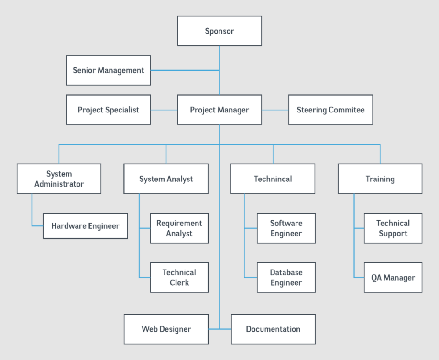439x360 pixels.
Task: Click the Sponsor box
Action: (219, 31)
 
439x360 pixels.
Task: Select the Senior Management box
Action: (109, 70)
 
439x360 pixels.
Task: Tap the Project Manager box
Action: (219, 110)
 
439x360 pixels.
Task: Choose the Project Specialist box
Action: (109, 110)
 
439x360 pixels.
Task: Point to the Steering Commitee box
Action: (330, 110)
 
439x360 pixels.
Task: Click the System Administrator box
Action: (59, 179)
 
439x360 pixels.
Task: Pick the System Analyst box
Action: (166, 179)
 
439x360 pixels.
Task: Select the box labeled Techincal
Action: (273, 179)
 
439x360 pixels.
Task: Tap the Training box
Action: (380, 179)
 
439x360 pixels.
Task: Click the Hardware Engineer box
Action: (86, 226)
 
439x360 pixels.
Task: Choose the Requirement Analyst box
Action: (179, 228)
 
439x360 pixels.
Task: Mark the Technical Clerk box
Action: (179, 278)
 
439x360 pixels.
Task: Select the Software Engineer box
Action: (286, 228)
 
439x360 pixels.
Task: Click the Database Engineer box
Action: (286, 278)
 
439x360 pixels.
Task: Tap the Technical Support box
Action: (393, 228)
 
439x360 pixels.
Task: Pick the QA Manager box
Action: (393, 278)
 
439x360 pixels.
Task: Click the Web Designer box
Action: (166, 329)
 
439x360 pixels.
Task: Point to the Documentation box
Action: (273, 329)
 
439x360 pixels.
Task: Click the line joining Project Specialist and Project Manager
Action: (164, 110)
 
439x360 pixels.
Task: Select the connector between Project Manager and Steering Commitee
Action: (275, 110)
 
